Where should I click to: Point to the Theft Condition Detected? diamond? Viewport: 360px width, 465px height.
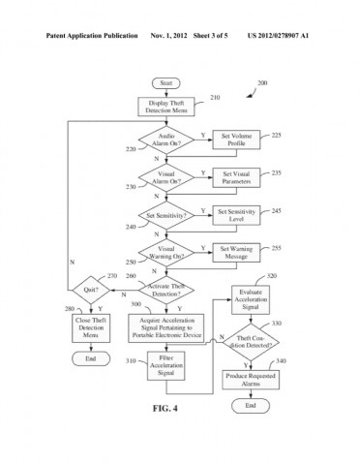[x=250, y=341]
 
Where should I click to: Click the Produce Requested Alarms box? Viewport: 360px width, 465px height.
[x=250, y=379]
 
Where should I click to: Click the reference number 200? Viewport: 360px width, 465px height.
[x=262, y=84]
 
